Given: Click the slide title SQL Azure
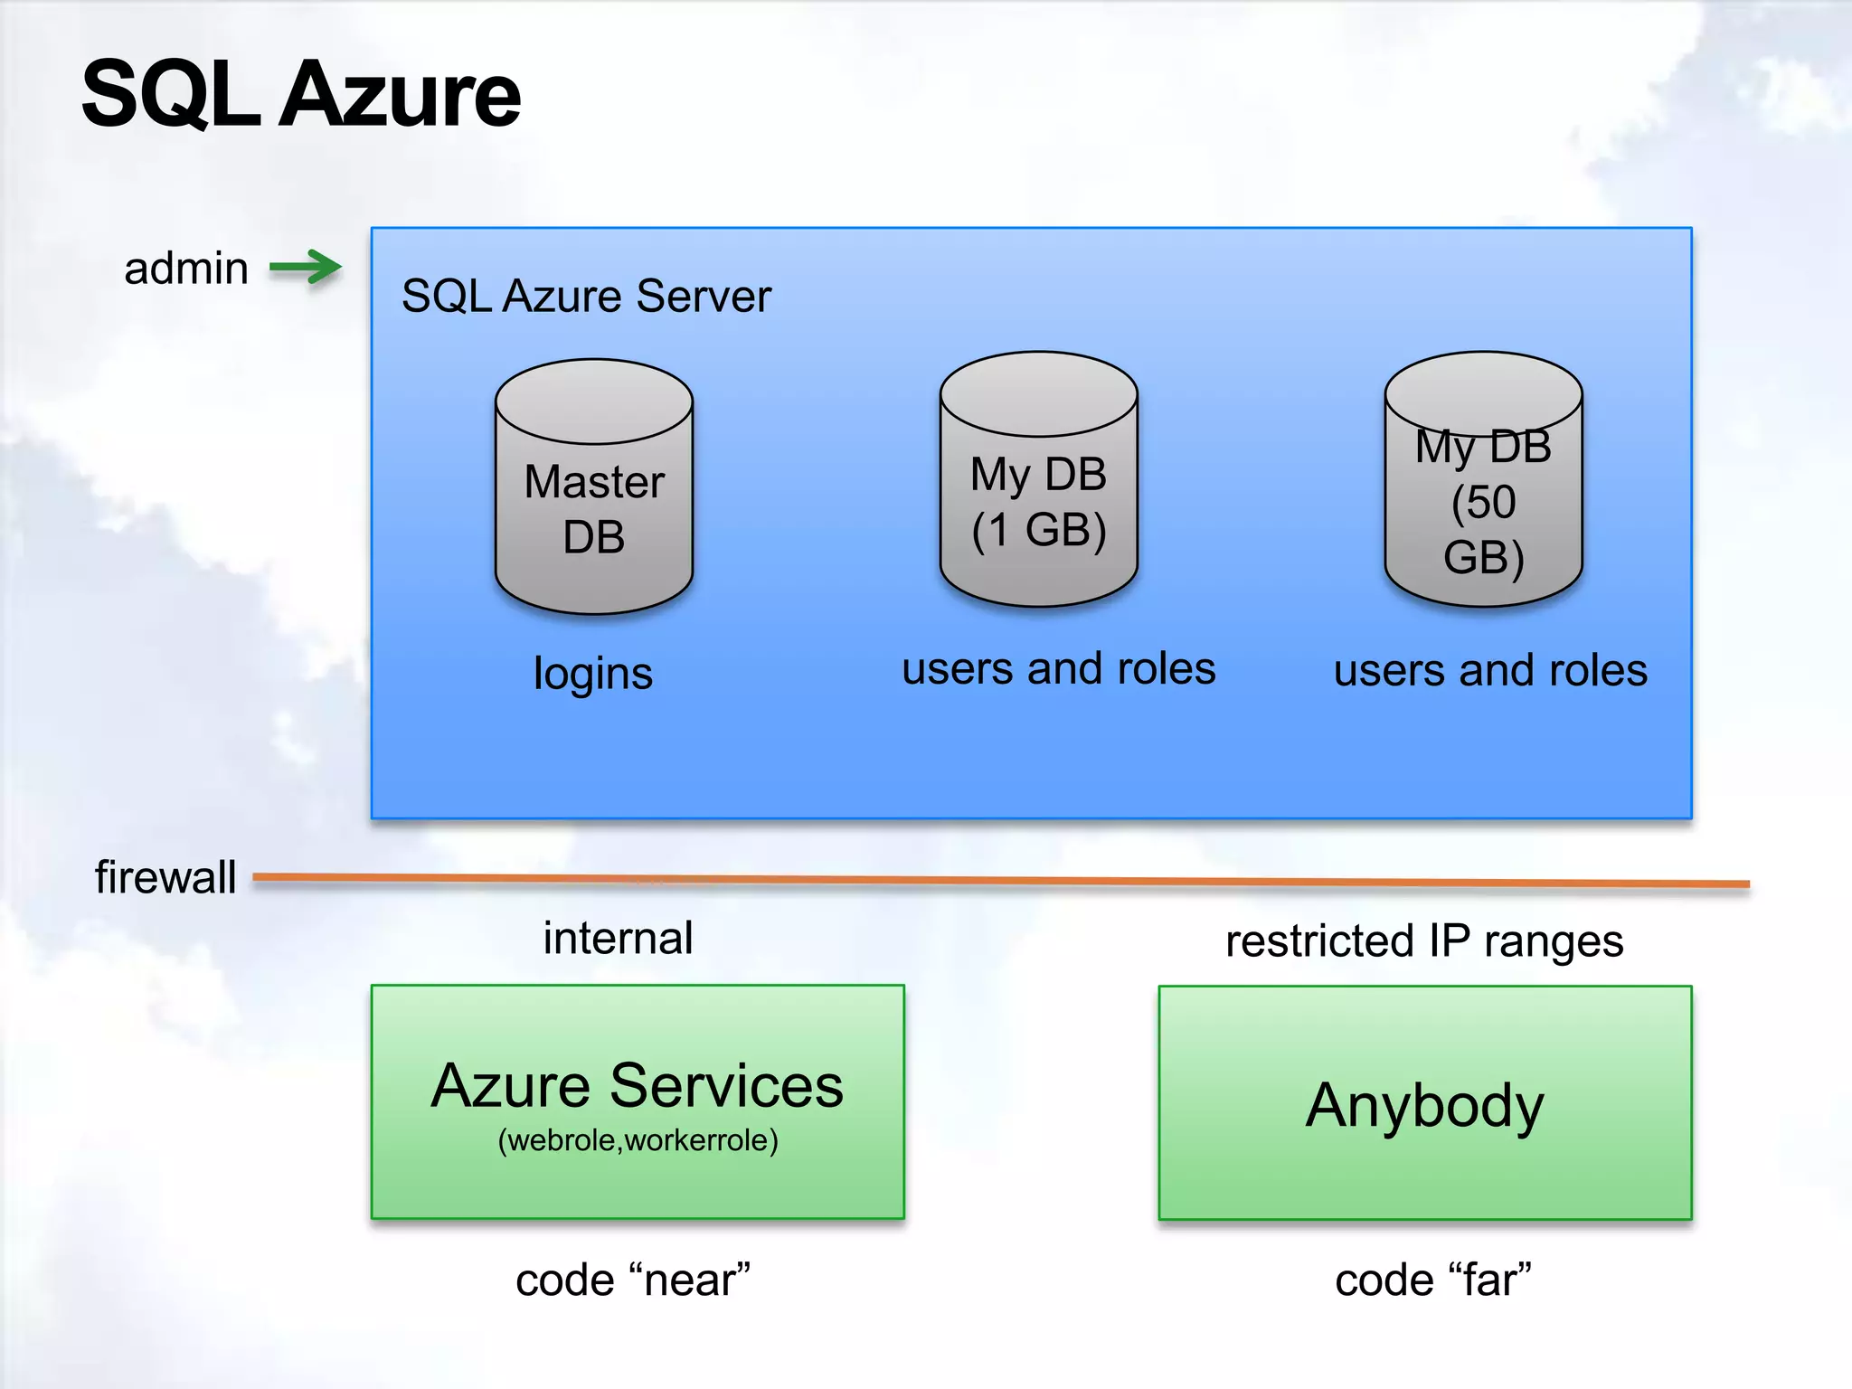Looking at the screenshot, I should pos(300,94).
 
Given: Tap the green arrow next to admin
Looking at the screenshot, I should pos(306,267).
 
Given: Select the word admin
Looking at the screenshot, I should pos(186,269).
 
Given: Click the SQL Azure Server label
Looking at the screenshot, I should pos(586,296).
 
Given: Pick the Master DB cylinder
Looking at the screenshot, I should pos(594,488).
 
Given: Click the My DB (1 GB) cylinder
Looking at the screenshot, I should pos(1038,479).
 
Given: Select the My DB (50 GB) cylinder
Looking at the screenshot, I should pos(1483,479).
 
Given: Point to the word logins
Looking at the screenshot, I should pos(593,674).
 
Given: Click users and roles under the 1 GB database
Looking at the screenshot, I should pos(1058,669).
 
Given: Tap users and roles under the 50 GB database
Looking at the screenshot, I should pos(1490,671).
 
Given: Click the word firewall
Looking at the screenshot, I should pos(165,877).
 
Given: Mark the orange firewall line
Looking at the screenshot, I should pos(995,880).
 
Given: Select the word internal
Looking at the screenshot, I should pos(619,938).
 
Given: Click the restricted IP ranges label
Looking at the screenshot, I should pos(1424,941).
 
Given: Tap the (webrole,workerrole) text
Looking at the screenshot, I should pos(638,1140).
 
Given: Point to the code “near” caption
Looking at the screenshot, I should pos(633,1280).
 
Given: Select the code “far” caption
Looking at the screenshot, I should pos(1433,1280).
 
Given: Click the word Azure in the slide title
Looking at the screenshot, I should pos(400,94).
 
